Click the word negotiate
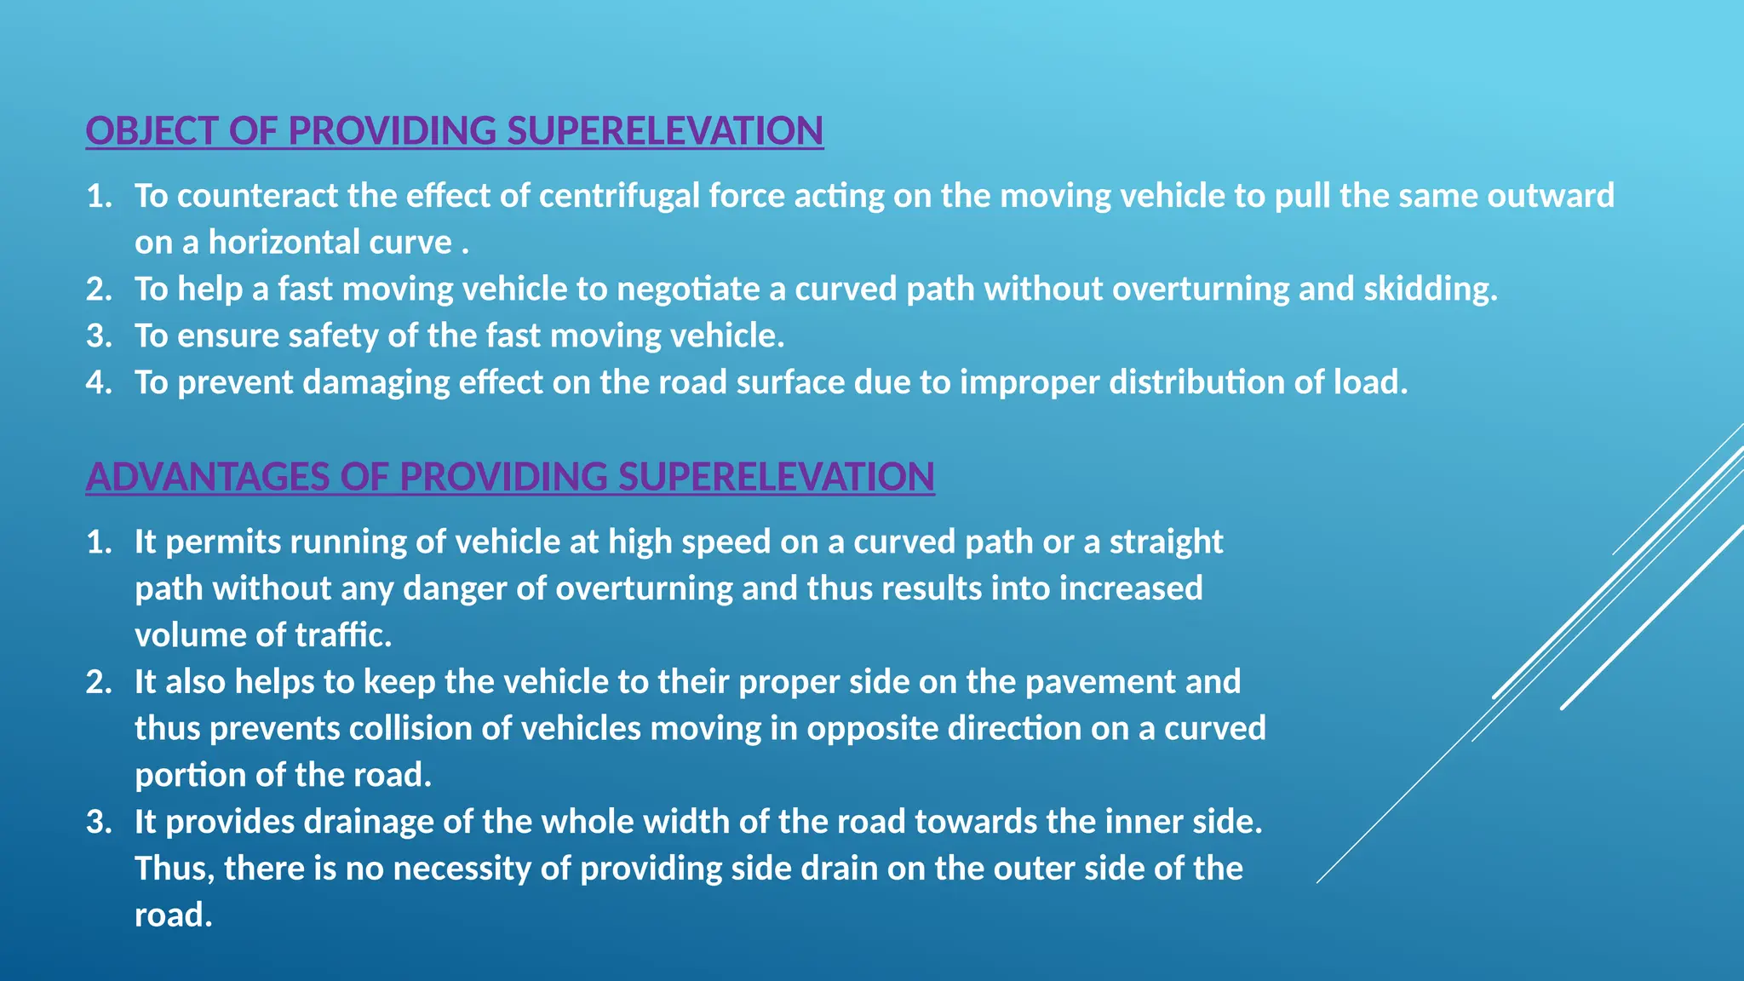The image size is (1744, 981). tap(688, 290)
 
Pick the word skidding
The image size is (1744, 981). tap(1431, 290)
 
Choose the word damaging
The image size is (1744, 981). tap(376, 383)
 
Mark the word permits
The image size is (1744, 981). tap(223, 542)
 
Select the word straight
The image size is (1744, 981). tap(1166, 542)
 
